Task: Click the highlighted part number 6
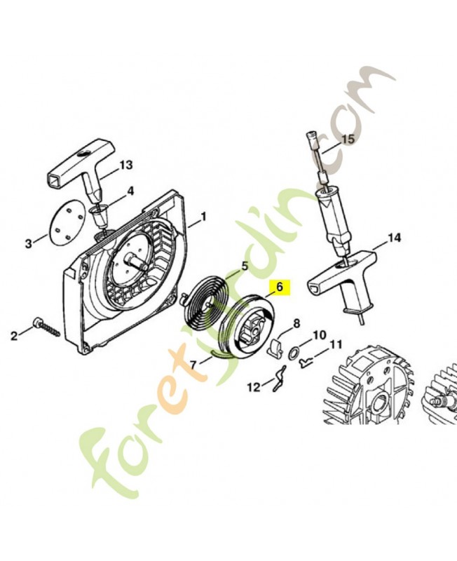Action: (x=278, y=286)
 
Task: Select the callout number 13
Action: (x=125, y=165)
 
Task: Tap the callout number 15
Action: (x=348, y=139)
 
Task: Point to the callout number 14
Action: (x=394, y=238)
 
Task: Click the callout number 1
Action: (x=204, y=217)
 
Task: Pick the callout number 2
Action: (x=13, y=336)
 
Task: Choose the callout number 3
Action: (x=28, y=243)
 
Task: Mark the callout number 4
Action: (x=130, y=191)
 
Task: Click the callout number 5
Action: (x=245, y=265)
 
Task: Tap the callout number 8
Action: (x=296, y=323)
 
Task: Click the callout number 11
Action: (x=336, y=344)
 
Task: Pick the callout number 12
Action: (x=253, y=386)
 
